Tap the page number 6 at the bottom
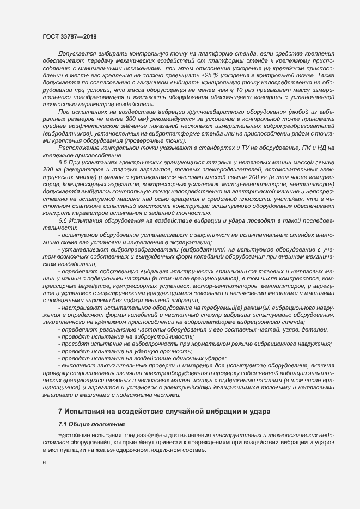tap(44, 463)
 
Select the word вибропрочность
tap(133, 344)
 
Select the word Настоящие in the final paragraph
tap(74, 436)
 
